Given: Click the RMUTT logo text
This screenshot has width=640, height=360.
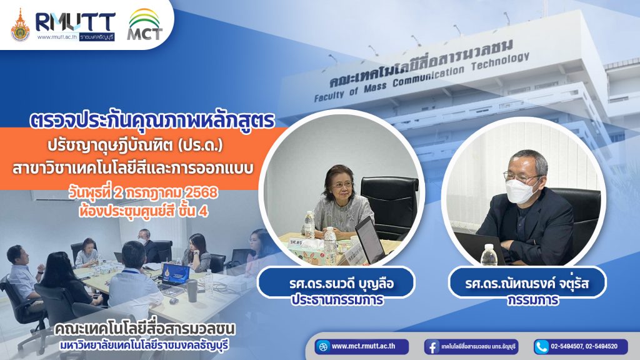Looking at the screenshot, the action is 76,22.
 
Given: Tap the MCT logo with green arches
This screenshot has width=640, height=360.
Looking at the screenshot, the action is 145,24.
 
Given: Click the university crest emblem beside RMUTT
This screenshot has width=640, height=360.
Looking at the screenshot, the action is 20,25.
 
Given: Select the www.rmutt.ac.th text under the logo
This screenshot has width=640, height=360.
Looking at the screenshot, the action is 57,37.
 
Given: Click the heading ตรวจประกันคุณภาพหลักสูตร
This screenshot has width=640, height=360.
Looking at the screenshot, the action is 152,121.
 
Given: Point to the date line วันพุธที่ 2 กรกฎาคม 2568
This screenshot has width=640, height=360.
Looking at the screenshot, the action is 143,192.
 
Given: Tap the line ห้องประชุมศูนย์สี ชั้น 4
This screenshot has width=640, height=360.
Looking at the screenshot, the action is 143,211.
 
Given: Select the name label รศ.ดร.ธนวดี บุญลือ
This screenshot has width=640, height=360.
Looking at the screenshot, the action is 342,283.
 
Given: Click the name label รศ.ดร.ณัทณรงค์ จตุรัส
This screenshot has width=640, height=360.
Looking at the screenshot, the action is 527,283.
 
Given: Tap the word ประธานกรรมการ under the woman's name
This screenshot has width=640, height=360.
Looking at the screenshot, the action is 337,299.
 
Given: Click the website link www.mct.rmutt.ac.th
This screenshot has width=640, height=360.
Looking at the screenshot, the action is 363,346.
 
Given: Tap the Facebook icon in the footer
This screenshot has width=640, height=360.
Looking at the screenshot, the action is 432,347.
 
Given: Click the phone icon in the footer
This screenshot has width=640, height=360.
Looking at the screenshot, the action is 542,347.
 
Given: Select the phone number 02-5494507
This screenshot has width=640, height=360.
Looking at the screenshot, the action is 567,346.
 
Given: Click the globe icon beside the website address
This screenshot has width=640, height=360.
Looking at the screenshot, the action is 323,347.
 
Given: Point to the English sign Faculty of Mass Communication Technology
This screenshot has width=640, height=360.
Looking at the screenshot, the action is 422,77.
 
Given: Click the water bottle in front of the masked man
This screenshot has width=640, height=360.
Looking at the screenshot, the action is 489,255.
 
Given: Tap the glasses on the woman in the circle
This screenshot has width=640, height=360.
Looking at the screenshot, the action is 342,184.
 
